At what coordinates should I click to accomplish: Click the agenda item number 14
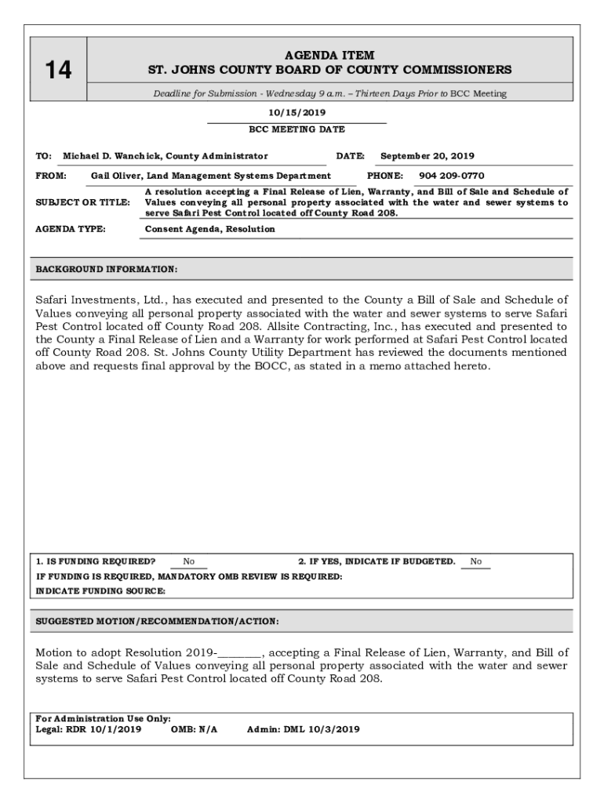tap(58, 71)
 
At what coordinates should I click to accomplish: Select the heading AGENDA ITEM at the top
tap(329, 55)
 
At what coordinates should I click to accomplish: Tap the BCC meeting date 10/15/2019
tap(297, 113)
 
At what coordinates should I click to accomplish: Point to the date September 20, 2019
tap(427, 156)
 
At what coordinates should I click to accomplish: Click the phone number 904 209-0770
tap(451, 176)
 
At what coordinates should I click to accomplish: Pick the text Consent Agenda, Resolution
tap(210, 229)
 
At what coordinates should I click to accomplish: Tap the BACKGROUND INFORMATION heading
tap(107, 270)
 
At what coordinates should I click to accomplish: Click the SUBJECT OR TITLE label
tap(83, 202)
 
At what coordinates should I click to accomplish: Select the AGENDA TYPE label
tap(71, 229)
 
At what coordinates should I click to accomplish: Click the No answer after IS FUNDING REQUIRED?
tap(189, 561)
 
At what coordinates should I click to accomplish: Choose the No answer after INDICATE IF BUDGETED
tap(476, 561)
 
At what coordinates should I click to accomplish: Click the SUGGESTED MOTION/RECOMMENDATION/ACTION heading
tap(157, 621)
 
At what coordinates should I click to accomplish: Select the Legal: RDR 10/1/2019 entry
tap(89, 729)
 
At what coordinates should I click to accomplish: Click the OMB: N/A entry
tap(194, 729)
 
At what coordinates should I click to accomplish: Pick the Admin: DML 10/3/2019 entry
tap(303, 729)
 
